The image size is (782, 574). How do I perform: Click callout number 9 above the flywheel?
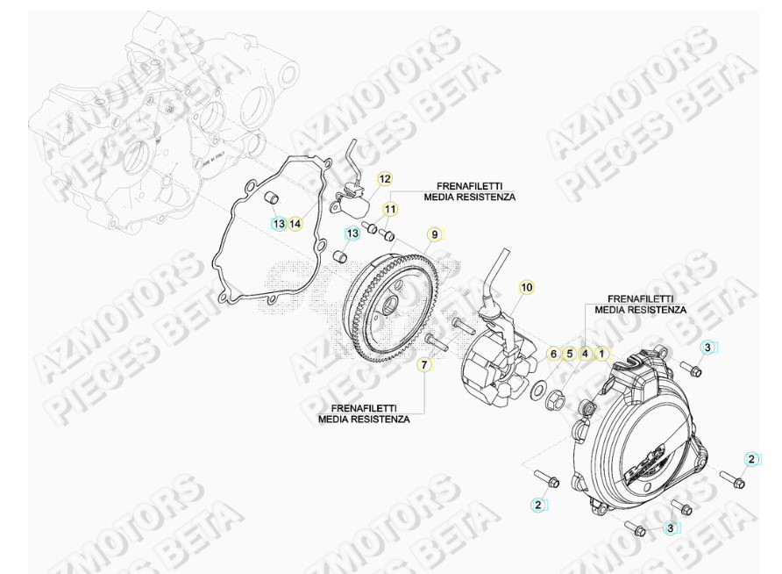coord(432,234)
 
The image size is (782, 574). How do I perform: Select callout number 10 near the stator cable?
coord(526,287)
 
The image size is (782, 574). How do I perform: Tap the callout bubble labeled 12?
coord(384,179)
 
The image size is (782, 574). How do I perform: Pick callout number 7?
coord(424,364)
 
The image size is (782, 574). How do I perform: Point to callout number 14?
coord(295,224)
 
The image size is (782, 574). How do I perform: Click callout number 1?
coord(601,354)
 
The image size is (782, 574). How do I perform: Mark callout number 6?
coord(552,354)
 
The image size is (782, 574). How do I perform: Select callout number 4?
coord(585,354)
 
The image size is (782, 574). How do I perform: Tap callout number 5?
coord(569,354)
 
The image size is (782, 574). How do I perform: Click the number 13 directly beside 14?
coord(278,224)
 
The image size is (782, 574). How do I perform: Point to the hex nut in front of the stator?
coord(555,403)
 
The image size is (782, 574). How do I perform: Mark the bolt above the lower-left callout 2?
coord(547,479)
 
